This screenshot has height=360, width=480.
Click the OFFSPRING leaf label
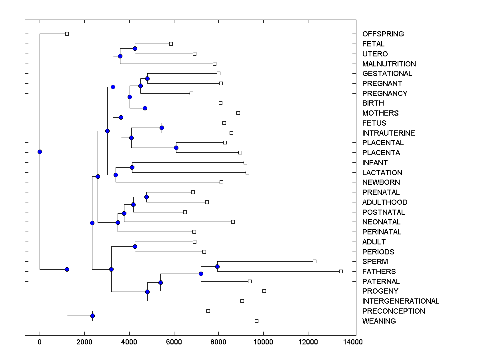coord(383,34)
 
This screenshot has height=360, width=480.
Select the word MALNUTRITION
coord(389,64)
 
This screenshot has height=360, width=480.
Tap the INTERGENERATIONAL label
coord(400,301)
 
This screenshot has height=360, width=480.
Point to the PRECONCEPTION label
coord(394,311)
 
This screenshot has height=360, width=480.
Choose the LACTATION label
coord(382,173)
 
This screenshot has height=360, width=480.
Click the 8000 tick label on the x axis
coord(218,342)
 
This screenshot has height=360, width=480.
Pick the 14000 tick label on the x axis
coord(352,342)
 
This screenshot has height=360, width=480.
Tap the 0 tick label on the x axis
coord(40,342)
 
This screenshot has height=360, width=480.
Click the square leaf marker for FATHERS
coord(341,271)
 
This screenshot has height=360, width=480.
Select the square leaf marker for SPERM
coord(314,261)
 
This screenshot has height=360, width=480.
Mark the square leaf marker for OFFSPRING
coord(67,34)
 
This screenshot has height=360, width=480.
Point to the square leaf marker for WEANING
coord(256,321)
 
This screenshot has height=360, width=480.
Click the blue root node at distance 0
coord(40,152)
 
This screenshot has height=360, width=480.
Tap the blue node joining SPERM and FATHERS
coord(217,266)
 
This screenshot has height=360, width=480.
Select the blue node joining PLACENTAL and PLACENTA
coord(176,148)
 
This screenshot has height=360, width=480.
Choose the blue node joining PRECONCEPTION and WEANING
coord(92,316)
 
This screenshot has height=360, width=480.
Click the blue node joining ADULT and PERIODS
coord(135,247)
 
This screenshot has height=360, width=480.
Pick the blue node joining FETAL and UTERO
coord(135,49)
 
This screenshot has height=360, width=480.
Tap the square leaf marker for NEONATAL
coord(233,222)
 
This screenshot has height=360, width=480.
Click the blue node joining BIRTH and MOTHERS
coord(145,108)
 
